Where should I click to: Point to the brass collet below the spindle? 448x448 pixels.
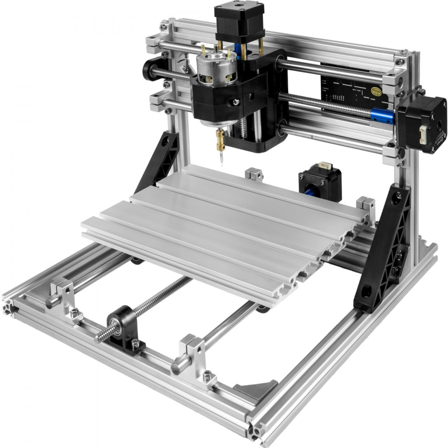(x=220, y=135)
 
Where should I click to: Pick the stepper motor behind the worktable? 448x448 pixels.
(x=319, y=184)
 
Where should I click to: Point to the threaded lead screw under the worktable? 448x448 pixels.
(x=148, y=305)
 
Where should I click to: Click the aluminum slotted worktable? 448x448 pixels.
(x=224, y=224)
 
